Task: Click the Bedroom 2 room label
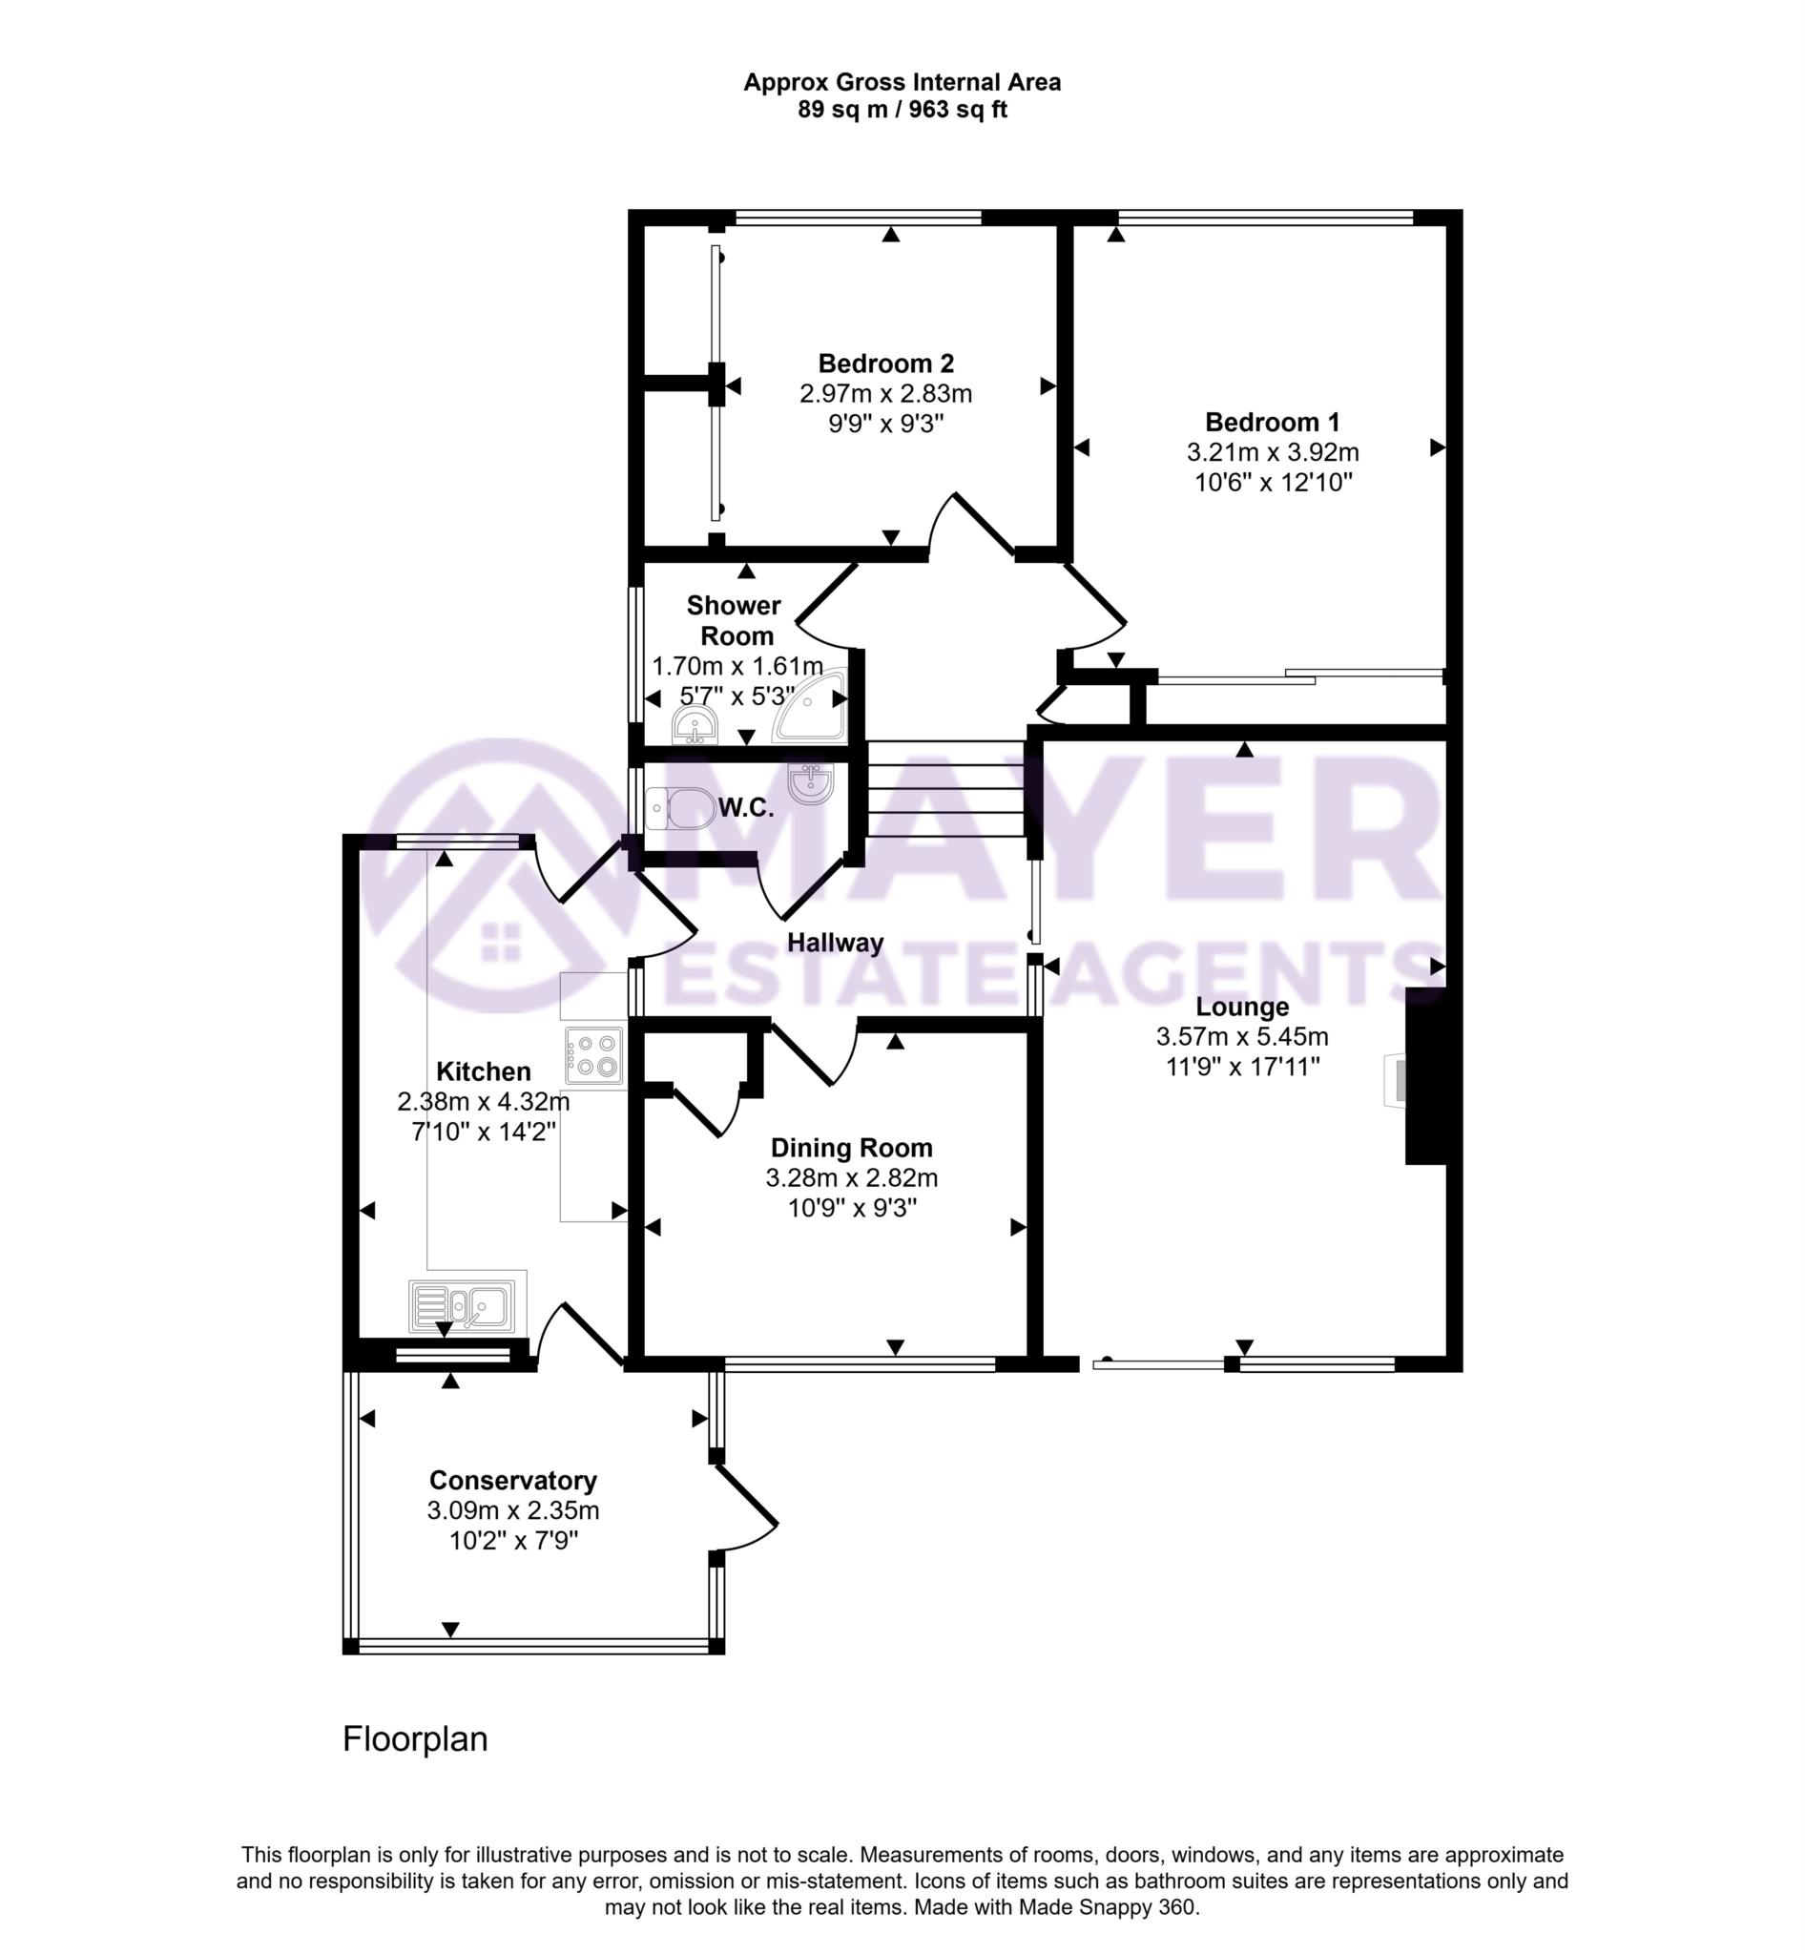coord(886,364)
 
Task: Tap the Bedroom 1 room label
coord(1273,422)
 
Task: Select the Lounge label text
coord(1242,1007)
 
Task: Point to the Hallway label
coord(835,943)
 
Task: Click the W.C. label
coord(746,808)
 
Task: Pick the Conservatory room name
coord(513,1481)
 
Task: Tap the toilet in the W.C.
coord(681,808)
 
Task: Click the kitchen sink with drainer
coord(462,1306)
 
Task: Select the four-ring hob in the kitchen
coord(593,1056)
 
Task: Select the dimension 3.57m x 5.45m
coord(1242,1036)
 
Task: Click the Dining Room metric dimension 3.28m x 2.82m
coord(852,1178)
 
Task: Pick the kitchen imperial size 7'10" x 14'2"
coord(484,1133)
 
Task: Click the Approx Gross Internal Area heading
coord(902,82)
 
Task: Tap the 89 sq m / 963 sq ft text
coord(902,110)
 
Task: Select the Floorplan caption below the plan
coord(415,1740)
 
